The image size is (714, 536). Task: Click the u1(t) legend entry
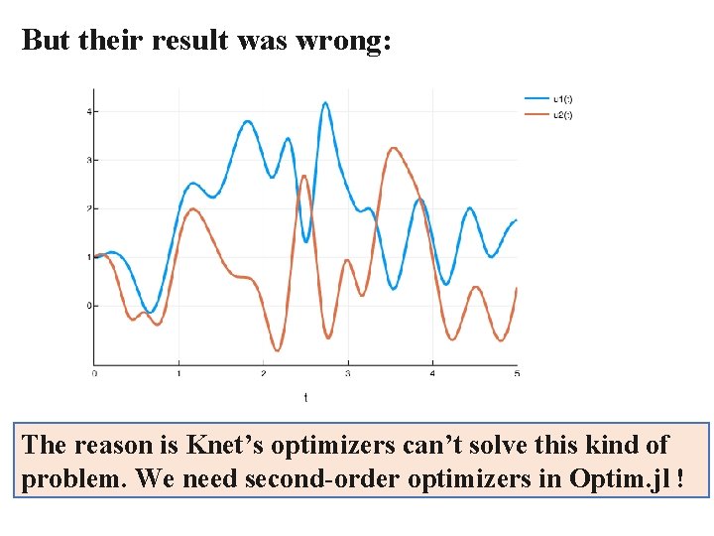561,98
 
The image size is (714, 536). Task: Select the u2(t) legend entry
561,114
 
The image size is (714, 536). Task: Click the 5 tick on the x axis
517,373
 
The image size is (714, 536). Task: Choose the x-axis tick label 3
348,373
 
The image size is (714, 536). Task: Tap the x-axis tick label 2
263,373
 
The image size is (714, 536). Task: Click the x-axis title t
305,397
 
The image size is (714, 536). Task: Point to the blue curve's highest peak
325,102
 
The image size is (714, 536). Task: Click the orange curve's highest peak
394,148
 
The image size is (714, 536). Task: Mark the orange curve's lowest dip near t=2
279,349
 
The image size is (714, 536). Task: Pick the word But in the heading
44,41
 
